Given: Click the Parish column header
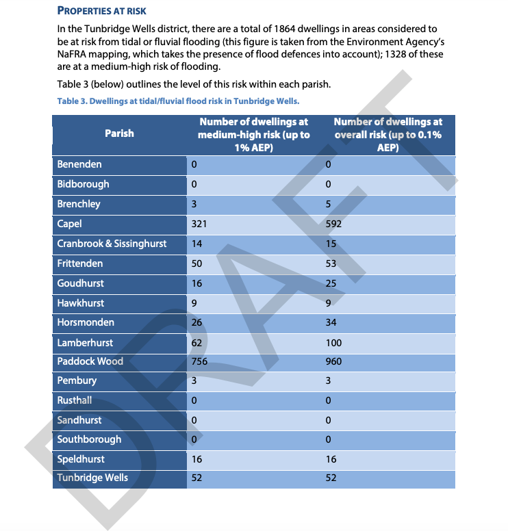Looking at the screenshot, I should pos(119,133).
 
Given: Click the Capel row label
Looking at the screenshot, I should pos(70,224).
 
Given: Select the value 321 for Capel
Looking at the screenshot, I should pos(199,224).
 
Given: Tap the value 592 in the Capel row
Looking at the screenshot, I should pos(333,224).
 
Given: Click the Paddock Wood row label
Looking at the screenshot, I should pos(90,361).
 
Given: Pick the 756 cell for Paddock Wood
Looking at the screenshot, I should pos(200,361).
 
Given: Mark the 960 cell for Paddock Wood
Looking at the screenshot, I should pos(333,361).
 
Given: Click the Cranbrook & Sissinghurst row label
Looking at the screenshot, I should pos(112,244).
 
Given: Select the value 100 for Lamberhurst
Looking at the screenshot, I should pos(333,342).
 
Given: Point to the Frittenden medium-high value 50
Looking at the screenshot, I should pos(197,263).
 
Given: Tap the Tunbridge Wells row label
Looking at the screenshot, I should pos(92,478).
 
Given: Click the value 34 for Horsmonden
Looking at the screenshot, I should pos(331,322).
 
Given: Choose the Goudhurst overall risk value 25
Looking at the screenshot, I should pos(331,283).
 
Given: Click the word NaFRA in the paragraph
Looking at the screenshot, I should pos(75,54).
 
